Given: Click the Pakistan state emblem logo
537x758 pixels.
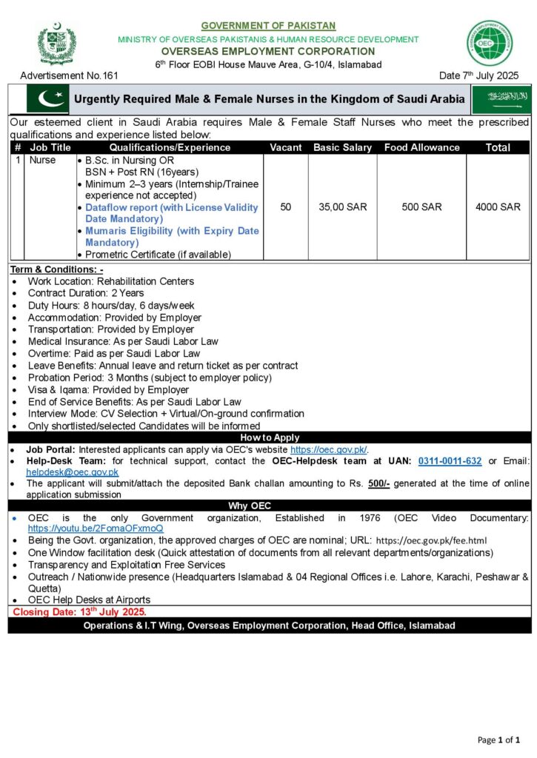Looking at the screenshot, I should (56, 44).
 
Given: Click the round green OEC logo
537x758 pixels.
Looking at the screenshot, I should (489, 43).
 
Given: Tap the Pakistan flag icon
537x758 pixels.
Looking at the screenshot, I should (46, 99).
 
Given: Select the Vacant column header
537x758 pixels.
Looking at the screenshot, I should (285, 147).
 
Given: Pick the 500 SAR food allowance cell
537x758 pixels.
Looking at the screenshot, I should (421, 207).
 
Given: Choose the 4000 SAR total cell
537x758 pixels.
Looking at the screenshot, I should (498, 207).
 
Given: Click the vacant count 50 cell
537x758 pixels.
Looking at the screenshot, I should (285, 207).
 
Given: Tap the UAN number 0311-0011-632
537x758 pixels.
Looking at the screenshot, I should (450, 461).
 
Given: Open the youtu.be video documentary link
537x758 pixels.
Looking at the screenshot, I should (96, 529).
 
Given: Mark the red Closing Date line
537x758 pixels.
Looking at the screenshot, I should (79, 612).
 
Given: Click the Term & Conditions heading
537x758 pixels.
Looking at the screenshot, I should (57, 269).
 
